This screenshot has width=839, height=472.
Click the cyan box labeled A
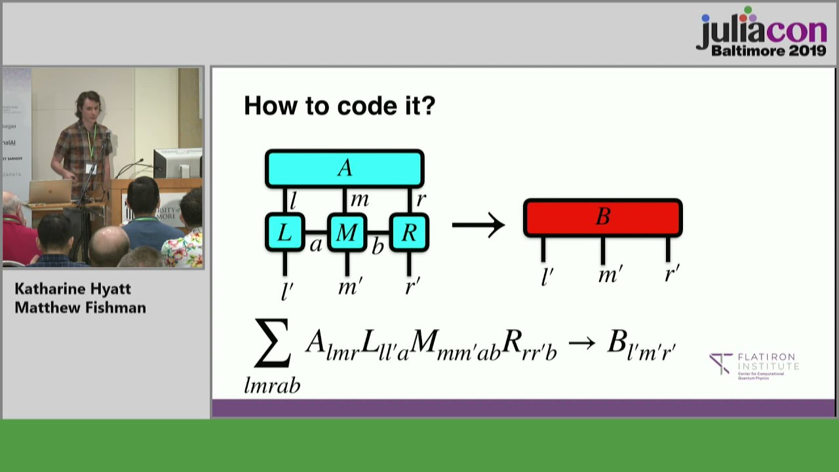click(344, 168)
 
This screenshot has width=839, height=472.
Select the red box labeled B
click(602, 218)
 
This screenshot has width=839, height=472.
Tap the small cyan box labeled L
click(284, 232)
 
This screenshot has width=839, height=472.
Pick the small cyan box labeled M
click(347, 232)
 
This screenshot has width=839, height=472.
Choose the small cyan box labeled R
click(409, 232)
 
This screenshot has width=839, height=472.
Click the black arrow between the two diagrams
click(478, 226)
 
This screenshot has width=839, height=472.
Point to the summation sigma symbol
click(272, 344)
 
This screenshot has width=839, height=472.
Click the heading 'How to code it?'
click(339, 106)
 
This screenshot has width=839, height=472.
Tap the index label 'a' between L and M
click(315, 245)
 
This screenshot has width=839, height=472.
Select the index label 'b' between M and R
click(378, 246)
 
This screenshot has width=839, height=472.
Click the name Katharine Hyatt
click(73, 289)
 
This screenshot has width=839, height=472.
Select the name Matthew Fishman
click(80, 307)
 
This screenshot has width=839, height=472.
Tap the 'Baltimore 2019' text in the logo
click(768, 50)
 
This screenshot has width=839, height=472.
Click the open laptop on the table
click(50, 192)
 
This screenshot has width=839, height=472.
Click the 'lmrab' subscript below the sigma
click(272, 385)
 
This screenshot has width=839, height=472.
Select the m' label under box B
click(610, 274)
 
